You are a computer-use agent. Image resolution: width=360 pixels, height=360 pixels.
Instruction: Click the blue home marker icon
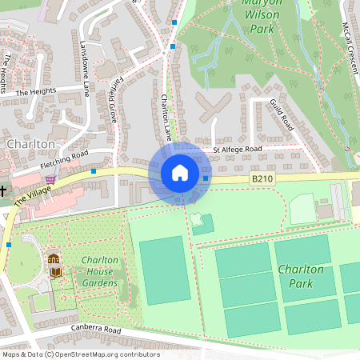(179, 173)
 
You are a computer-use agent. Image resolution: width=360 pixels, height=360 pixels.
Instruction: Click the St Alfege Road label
(238, 150)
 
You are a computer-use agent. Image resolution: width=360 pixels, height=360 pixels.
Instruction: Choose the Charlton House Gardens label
(99, 272)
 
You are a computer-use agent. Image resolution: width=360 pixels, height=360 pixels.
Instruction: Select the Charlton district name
(30, 143)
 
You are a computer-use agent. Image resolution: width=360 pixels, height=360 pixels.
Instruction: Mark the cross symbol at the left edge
(3, 191)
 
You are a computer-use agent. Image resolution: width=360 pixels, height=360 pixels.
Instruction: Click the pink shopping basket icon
(51, 180)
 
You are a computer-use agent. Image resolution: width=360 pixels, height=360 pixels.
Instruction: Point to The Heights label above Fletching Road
(32, 92)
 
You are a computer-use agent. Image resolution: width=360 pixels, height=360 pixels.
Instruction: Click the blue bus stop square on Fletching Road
(94, 170)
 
